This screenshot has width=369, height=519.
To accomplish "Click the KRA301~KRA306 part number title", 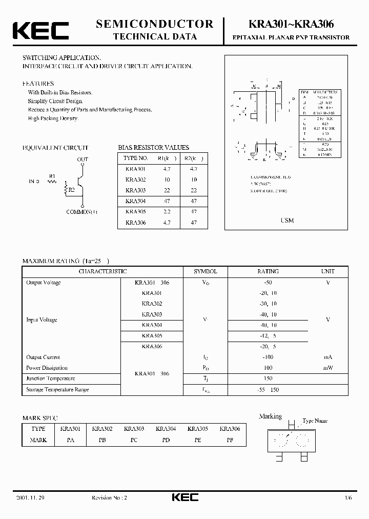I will tap(291, 24).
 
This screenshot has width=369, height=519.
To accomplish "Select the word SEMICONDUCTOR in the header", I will tap(154, 24).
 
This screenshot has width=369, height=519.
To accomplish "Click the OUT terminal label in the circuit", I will tap(83, 160).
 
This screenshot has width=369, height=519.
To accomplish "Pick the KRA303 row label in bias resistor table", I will tap(136, 190).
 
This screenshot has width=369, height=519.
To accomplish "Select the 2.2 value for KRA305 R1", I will tap(167, 212).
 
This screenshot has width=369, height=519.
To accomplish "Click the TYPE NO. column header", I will tap(136, 158).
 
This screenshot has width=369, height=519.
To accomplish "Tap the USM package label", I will tap(287, 221).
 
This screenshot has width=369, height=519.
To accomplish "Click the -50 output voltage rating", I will tap(268, 283).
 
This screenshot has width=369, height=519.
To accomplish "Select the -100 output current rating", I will tap(268, 357).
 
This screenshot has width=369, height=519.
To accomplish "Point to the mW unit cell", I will tap(327, 368).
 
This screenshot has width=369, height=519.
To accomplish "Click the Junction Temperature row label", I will tap(51, 378).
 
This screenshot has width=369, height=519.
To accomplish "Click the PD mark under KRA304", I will tap(166, 440).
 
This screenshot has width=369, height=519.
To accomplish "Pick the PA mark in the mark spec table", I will tap(70, 440).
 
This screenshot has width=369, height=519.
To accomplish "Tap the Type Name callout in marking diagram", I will tap(315, 421).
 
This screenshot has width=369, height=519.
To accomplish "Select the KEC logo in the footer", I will tap(184, 497).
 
